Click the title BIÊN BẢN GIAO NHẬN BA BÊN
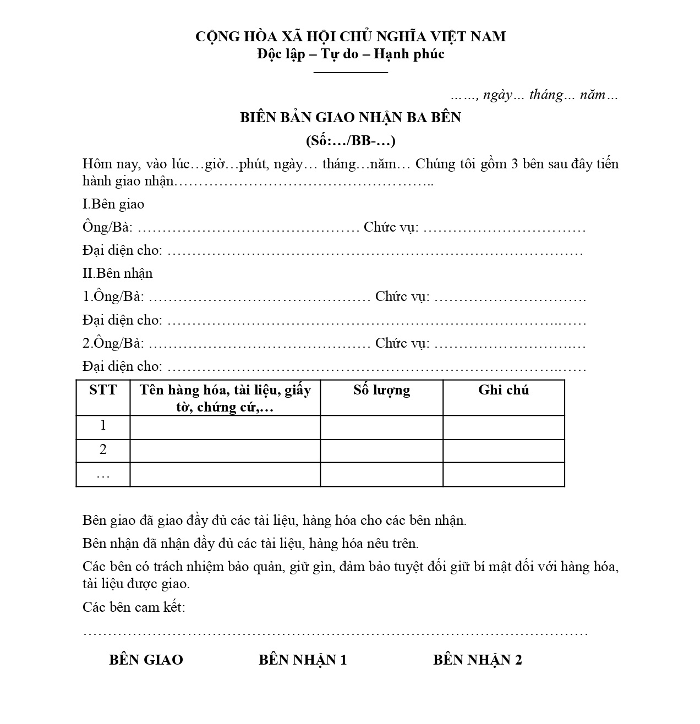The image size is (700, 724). [350, 117]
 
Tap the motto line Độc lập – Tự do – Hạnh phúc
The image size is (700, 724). [350, 54]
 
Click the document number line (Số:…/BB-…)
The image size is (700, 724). [350, 140]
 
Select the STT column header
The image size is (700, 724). [103, 390]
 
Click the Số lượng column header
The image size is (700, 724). [381, 390]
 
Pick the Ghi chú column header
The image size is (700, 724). [504, 390]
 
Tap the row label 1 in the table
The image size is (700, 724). [103, 426]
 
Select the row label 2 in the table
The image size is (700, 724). [103, 450]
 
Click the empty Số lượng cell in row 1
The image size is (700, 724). [381, 427]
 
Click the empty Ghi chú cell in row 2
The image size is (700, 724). [504, 451]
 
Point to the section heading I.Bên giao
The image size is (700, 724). [113, 204]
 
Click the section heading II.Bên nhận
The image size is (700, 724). [117, 273]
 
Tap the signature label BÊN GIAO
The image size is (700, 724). [146, 660]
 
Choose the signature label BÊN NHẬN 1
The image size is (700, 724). [303, 660]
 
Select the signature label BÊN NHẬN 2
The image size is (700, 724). [477, 660]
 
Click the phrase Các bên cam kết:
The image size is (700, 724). [134, 607]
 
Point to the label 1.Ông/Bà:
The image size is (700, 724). [113, 297]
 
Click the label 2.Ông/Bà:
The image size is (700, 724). [113, 343]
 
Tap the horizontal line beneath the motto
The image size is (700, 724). [351, 72]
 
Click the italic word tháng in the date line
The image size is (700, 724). [546, 95]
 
